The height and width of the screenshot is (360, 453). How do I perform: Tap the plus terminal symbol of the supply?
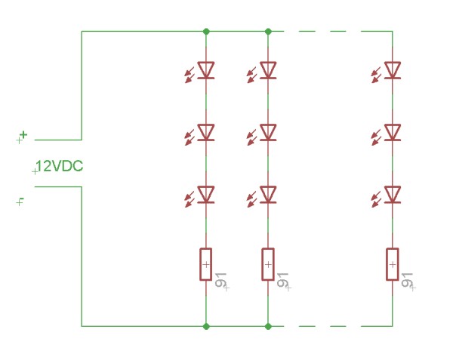pyautogui.click(x=23, y=135)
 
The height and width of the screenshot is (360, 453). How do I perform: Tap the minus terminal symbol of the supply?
pyautogui.click(x=22, y=200)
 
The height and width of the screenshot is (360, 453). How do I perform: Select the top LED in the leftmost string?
pyautogui.click(x=205, y=70)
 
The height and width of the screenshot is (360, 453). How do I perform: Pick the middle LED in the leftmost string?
pyautogui.click(x=205, y=133)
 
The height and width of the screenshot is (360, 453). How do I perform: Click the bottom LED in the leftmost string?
pyautogui.click(x=205, y=195)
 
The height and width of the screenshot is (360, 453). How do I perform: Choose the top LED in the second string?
pyautogui.click(x=268, y=70)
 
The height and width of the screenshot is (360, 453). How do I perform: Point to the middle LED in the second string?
pyautogui.click(x=268, y=133)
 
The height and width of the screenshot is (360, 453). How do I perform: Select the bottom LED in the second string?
pyautogui.click(x=268, y=195)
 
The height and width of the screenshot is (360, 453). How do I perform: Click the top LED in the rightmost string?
pyautogui.click(x=393, y=70)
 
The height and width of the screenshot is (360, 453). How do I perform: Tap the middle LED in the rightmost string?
pyautogui.click(x=393, y=133)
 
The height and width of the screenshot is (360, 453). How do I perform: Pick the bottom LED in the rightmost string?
pyautogui.click(x=393, y=195)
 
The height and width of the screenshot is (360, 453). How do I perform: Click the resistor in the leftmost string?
pyautogui.click(x=205, y=264)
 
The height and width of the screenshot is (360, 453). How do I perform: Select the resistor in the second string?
pyautogui.click(x=268, y=264)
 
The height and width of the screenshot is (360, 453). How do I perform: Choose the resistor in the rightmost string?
pyautogui.click(x=393, y=264)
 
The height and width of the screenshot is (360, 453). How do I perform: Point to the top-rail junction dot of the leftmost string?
pyautogui.click(x=205, y=32)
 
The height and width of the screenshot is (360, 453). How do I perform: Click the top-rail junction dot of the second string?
pyautogui.click(x=268, y=32)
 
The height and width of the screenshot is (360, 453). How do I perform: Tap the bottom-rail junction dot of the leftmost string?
pyautogui.click(x=205, y=326)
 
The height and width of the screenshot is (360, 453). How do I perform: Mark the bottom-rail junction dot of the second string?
pyautogui.click(x=268, y=326)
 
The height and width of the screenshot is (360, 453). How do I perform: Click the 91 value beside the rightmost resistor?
pyautogui.click(x=408, y=281)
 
